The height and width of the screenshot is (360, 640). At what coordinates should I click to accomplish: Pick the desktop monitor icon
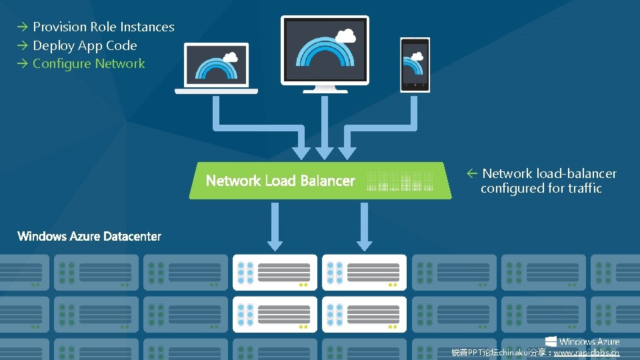pyautogui.click(x=325, y=53)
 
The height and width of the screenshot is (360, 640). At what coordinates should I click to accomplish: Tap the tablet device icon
pyautogui.click(x=415, y=65)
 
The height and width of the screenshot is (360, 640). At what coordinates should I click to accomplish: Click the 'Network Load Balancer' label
pyautogui.click(x=280, y=181)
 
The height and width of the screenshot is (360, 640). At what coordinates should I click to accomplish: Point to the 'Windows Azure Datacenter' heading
pyautogui.click(x=89, y=236)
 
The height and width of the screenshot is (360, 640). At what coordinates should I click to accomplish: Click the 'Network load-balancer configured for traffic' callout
pyautogui.click(x=541, y=181)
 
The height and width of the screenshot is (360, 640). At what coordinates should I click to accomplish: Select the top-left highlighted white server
pyautogui.click(x=275, y=272)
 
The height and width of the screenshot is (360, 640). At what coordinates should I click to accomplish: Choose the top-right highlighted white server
pyautogui.click(x=364, y=272)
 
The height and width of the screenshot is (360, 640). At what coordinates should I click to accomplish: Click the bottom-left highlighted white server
pyautogui.click(x=275, y=313)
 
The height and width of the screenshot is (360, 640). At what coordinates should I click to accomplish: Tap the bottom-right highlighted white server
pyautogui.click(x=364, y=313)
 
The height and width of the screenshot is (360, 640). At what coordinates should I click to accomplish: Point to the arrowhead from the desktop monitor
pyautogui.click(x=325, y=152)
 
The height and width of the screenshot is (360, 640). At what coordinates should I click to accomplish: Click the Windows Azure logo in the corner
pyautogui.click(x=582, y=341)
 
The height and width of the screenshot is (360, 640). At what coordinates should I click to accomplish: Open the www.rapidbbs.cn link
pyautogui.click(x=586, y=353)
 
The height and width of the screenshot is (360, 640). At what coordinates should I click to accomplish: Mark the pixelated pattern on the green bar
pyautogui.click(x=400, y=181)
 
